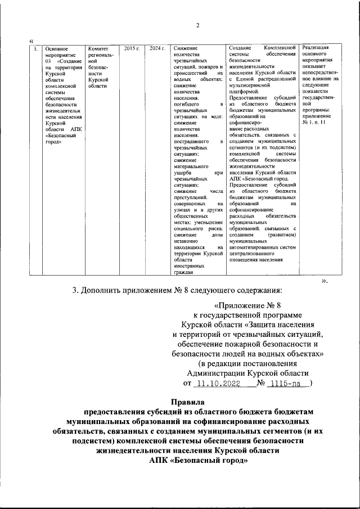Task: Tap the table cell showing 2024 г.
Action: pos(157,49)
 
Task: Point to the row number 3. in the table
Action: pos(36,49)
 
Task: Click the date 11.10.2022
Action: pos(217,383)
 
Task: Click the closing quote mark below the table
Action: pos(323,280)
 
